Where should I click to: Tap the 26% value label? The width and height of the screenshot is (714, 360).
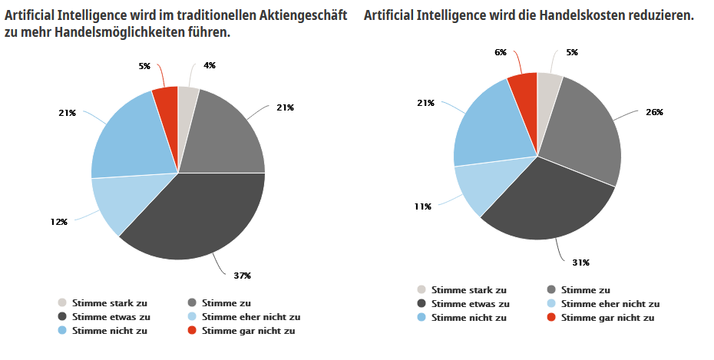[654, 112]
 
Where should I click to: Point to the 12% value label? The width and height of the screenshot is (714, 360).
[58, 222]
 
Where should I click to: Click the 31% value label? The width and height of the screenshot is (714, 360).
[580, 263]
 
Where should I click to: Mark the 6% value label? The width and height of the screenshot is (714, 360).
[501, 52]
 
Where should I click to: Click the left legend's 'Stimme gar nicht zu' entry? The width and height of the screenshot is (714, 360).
[248, 331]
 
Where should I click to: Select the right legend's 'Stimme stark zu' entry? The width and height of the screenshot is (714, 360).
[468, 290]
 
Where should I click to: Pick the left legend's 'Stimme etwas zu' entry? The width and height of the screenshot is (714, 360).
[111, 316]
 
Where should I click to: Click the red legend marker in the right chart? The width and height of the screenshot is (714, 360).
[551, 318]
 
